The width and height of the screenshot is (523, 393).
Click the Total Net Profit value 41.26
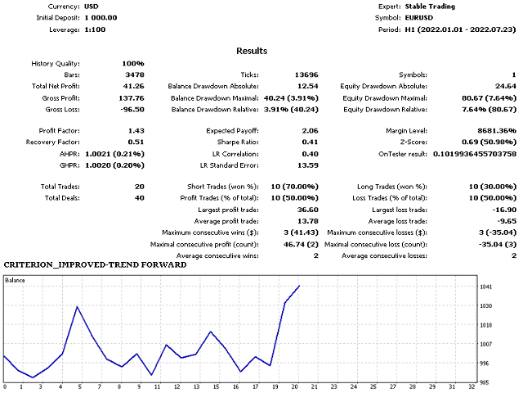point(134,86)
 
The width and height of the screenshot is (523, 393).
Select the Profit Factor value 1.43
point(136,131)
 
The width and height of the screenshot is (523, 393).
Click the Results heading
point(251,51)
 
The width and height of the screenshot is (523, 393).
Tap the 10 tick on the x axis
point(152,386)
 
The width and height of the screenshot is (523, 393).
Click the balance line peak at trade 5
point(77,307)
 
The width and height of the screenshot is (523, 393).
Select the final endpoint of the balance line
point(300,286)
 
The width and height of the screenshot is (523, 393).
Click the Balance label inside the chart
point(16,280)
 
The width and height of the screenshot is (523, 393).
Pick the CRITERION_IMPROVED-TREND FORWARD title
point(88,265)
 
